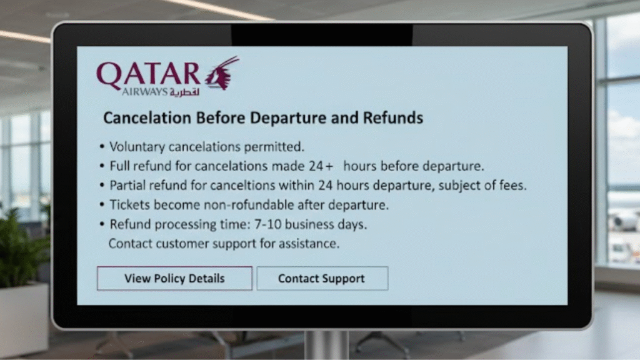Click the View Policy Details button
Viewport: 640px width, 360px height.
pyautogui.click(x=174, y=278)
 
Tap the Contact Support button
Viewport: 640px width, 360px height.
pyautogui.click(x=322, y=278)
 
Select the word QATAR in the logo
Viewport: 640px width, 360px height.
pyautogui.click(x=148, y=74)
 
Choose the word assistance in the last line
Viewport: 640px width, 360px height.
pyautogui.click(x=309, y=243)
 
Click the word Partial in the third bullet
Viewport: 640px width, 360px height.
pyautogui.click(x=128, y=186)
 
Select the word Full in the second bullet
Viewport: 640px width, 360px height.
pyautogui.click(x=121, y=167)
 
